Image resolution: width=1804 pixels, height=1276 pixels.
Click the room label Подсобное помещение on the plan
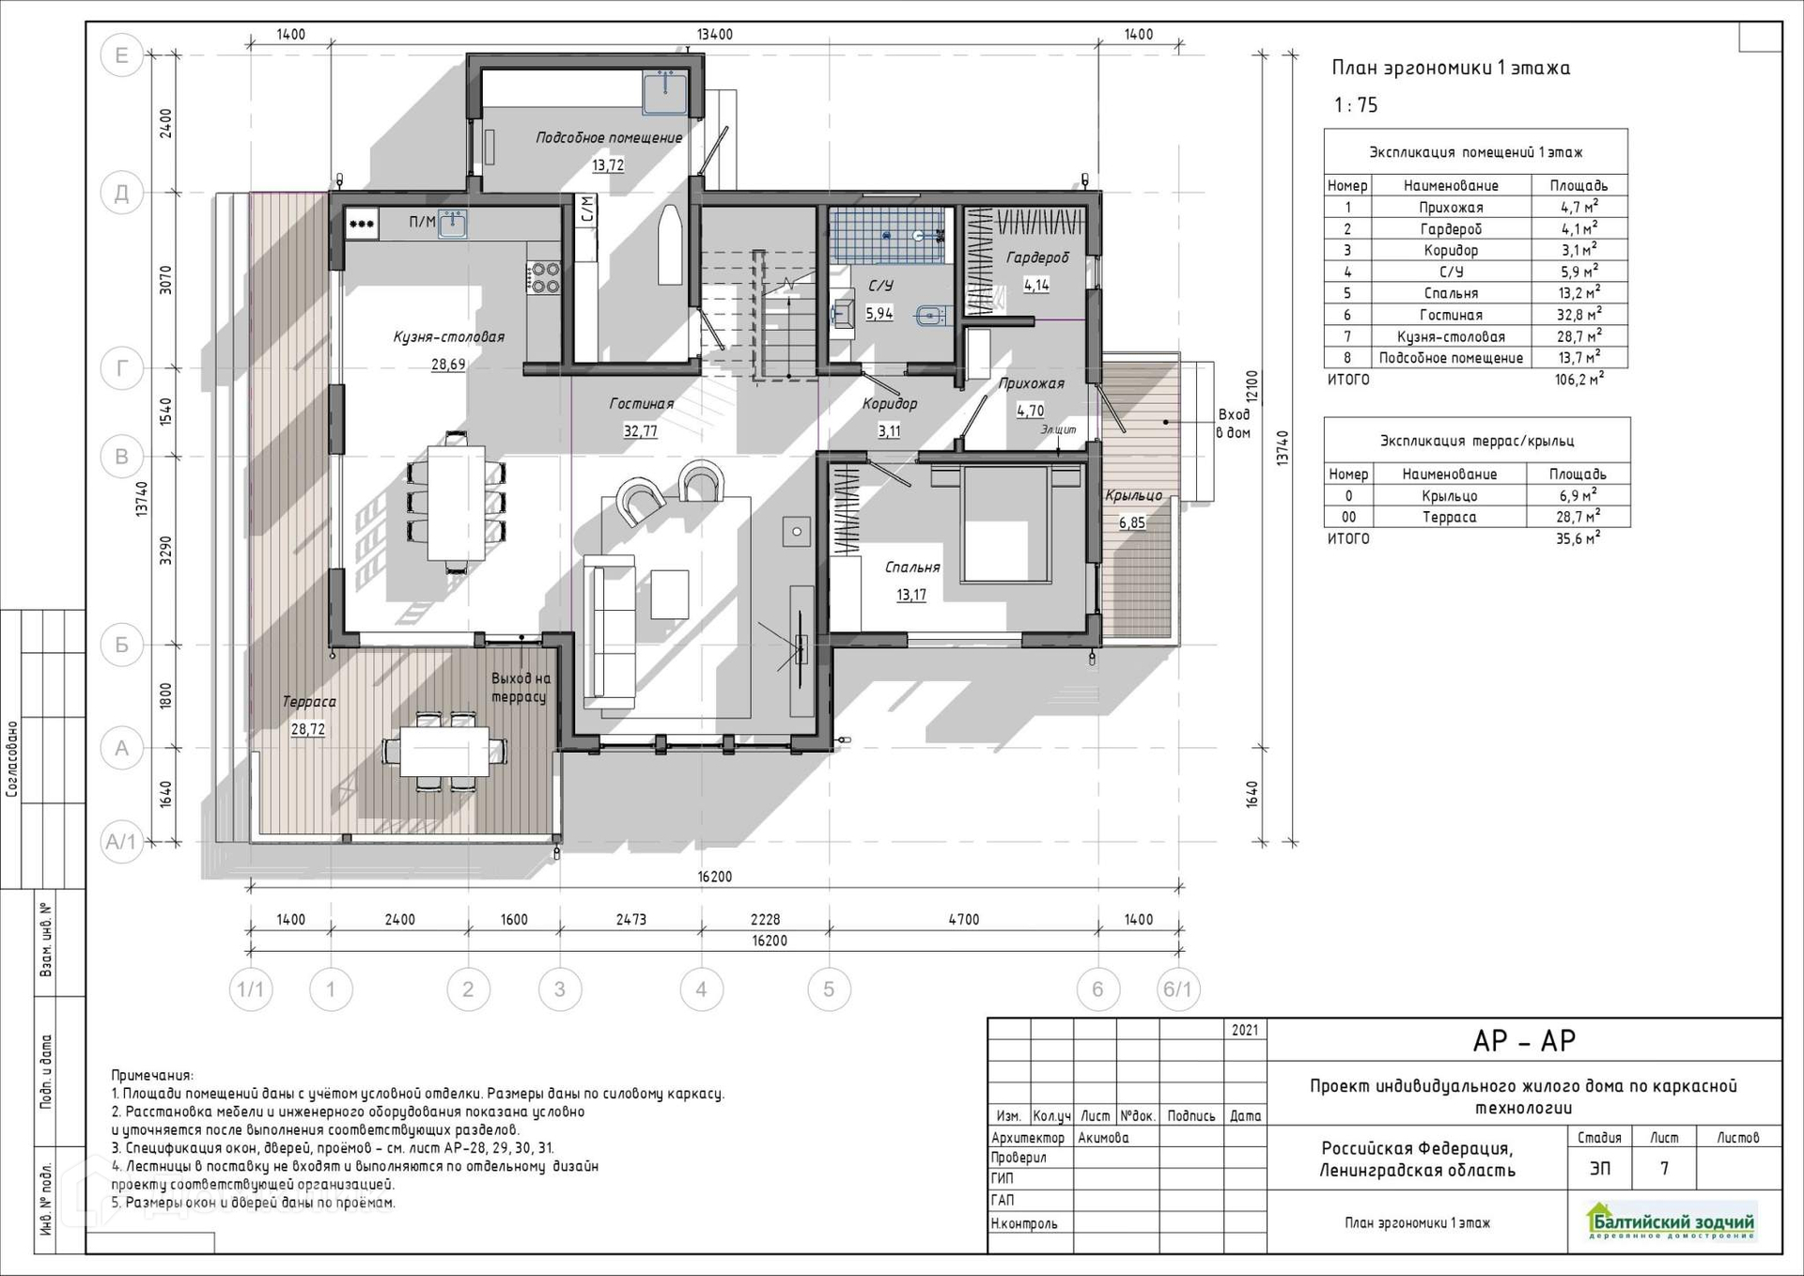[x=609, y=137]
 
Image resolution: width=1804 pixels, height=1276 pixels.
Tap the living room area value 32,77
[x=640, y=431]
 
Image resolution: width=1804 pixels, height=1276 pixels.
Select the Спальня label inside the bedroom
[x=912, y=568]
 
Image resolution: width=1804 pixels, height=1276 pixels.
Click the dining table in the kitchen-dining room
[x=456, y=502]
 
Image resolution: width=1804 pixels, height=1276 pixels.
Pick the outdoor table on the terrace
[x=444, y=751]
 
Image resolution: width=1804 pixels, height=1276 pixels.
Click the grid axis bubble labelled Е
[x=121, y=55]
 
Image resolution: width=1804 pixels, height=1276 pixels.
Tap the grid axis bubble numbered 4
[x=701, y=989]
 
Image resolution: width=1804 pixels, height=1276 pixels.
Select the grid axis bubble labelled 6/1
[x=1177, y=989]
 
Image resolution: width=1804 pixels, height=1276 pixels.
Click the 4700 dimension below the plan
[x=964, y=920]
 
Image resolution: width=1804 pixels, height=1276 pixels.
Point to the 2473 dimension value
[x=630, y=920]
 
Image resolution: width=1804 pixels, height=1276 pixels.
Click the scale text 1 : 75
[x=1356, y=105]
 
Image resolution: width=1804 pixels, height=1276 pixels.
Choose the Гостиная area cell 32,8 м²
[x=1579, y=315]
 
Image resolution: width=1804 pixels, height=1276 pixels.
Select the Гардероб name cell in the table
[x=1451, y=229]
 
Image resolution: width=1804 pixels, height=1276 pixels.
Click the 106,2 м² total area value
[x=1579, y=380]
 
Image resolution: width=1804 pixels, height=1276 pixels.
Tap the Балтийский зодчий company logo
[x=1671, y=1222]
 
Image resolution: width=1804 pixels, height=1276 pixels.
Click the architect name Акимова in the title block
[x=1103, y=1138]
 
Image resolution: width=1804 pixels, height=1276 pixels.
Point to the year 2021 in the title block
[x=1245, y=1030]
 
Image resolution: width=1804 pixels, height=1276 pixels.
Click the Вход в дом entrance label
[x=1234, y=423]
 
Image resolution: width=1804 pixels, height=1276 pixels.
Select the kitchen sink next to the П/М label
[x=453, y=224]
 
